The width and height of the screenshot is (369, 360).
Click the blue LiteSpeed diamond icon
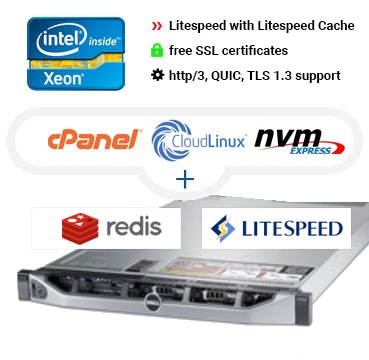[x=221, y=230]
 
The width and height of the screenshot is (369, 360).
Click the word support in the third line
[x=340, y=75]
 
